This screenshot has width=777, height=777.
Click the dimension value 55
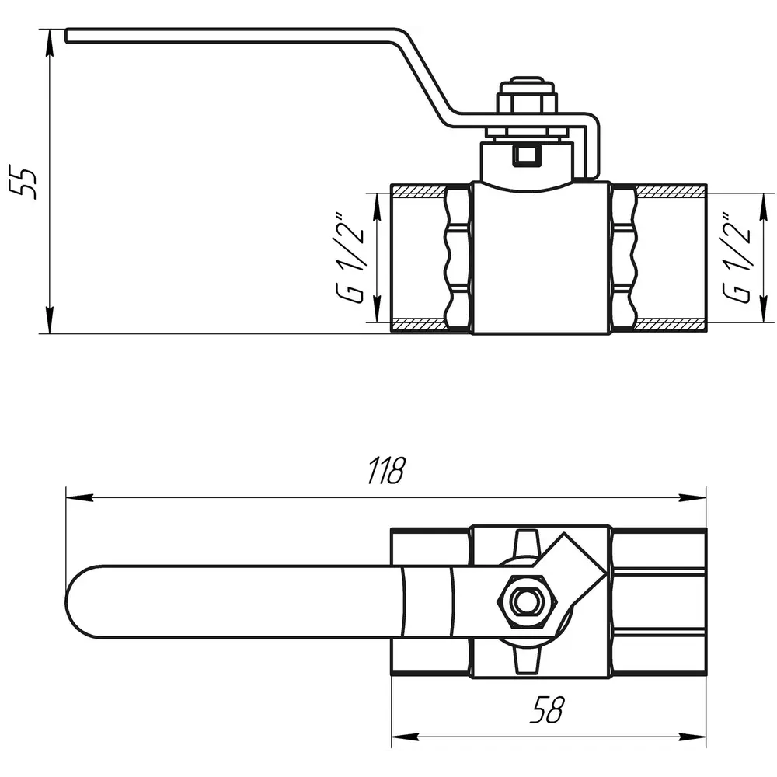(x=23, y=184)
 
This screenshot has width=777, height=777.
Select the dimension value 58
(x=546, y=709)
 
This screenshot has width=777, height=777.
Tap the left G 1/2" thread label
(x=350, y=258)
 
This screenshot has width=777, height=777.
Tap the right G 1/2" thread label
(x=737, y=258)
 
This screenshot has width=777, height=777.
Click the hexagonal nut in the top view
(x=528, y=601)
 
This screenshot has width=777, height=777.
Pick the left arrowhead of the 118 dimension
(x=80, y=497)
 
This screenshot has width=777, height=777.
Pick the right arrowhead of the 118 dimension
(x=692, y=497)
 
